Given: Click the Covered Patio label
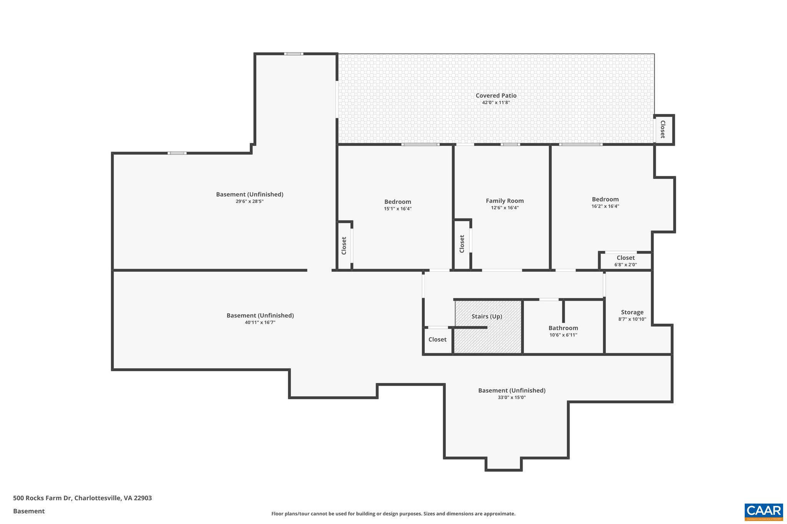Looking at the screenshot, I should pyautogui.click(x=496, y=96).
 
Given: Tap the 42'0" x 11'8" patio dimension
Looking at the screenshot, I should pyautogui.click(x=496, y=102).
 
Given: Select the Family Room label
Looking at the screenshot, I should pyautogui.click(x=505, y=201).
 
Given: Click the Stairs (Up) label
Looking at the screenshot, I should pyautogui.click(x=486, y=316).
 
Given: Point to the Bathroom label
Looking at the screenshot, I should pyautogui.click(x=563, y=328).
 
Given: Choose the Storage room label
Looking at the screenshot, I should pyautogui.click(x=632, y=312).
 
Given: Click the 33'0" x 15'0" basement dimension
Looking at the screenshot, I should pyautogui.click(x=511, y=397).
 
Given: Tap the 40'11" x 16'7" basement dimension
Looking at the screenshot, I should pyautogui.click(x=260, y=322).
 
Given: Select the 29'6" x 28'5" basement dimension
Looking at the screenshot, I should pyautogui.click(x=249, y=201).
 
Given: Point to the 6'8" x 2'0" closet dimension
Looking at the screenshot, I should pyautogui.click(x=625, y=264).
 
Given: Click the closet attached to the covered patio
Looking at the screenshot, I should pyautogui.click(x=663, y=130).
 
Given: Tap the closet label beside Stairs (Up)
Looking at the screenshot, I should pyautogui.click(x=437, y=339).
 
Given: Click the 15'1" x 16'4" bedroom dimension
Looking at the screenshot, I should pyautogui.click(x=397, y=209).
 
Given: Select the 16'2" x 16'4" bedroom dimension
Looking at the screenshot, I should pyautogui.click(x=605, y=206).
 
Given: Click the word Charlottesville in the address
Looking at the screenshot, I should pyautogui.click(x=97, y=498).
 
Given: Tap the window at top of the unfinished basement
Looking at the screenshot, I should pyautogui.click(x=294, y=54).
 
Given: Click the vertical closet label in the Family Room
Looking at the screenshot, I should pyautogui.click(x=462, y=244).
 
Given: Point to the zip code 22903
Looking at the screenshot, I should pyautogui.click(x=143, y=498).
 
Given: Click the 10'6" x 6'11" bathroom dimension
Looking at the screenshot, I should pyautogui.click(x=563, y=335).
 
